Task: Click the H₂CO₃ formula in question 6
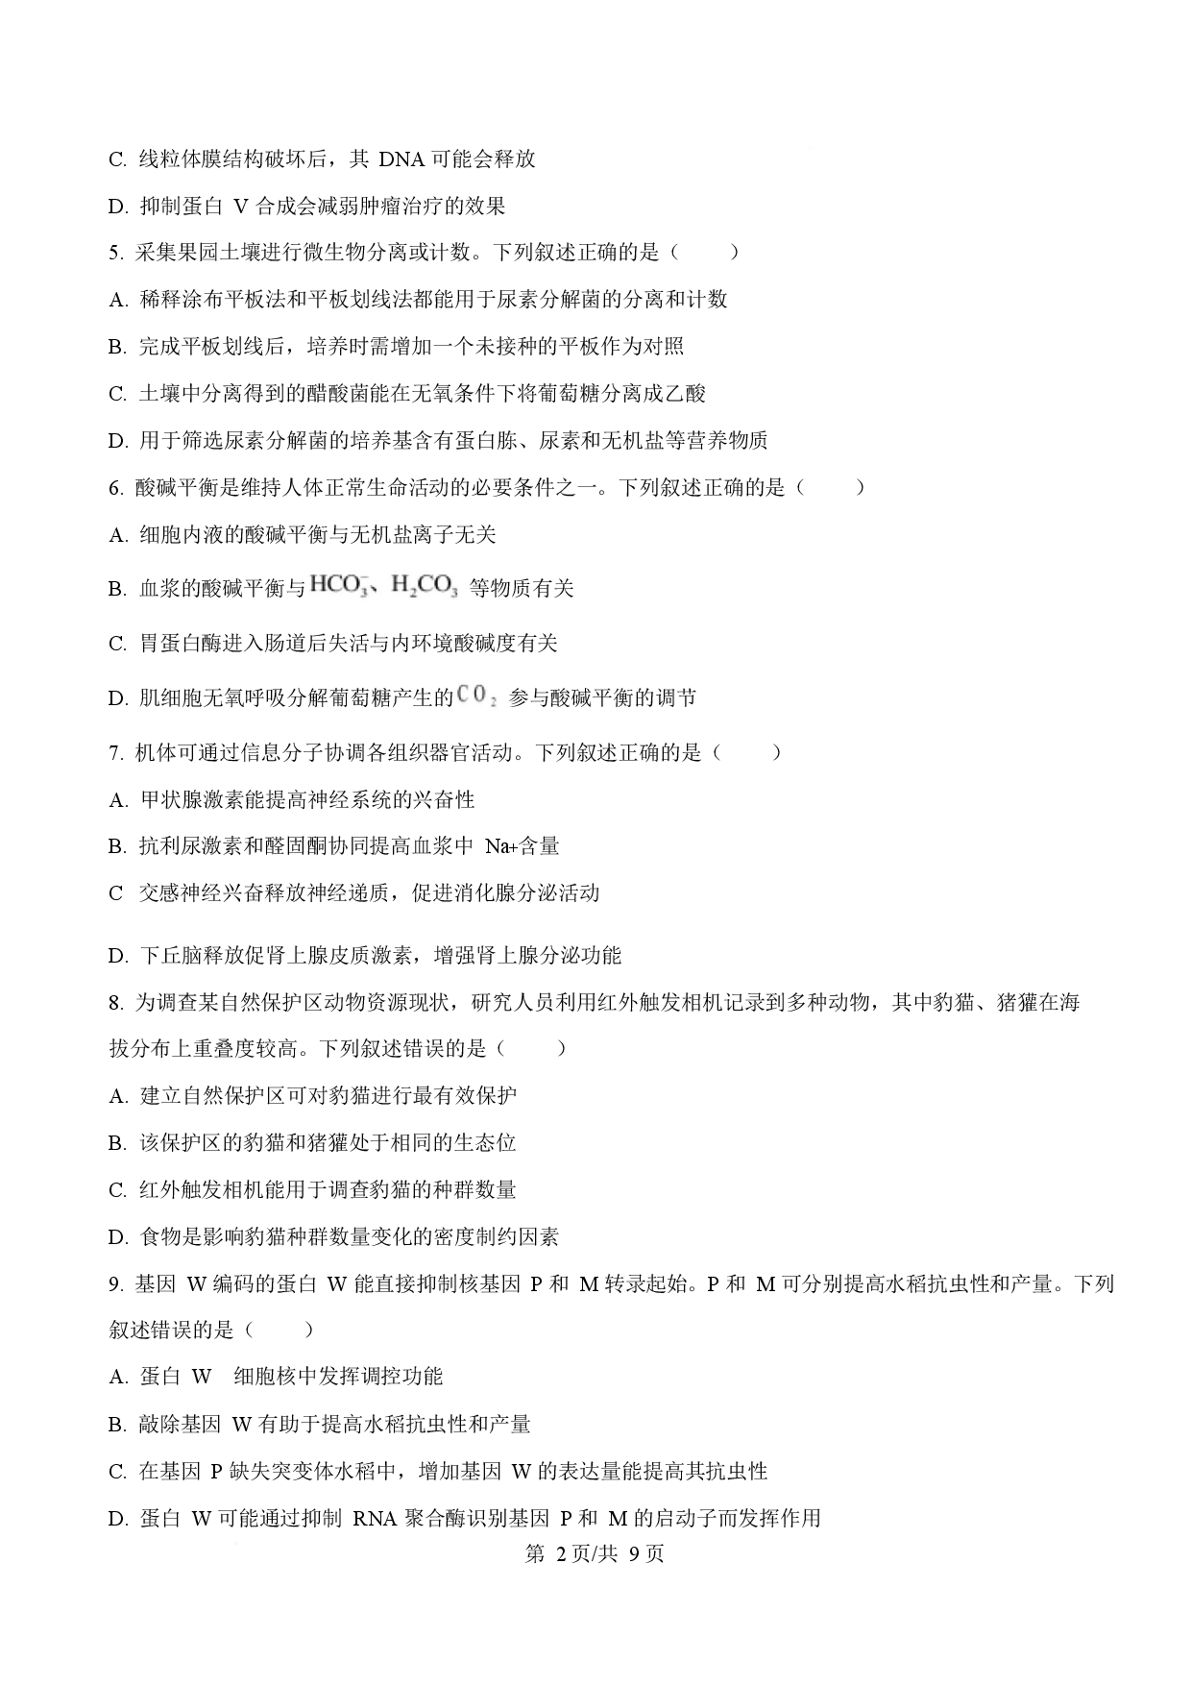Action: (x=425, y=587)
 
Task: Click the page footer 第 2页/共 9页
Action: (x=595, y=1553)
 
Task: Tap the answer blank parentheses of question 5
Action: (x=706, y=253)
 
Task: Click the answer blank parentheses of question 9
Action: (x=280, y=1331)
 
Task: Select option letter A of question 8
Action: (x=117, y=1096)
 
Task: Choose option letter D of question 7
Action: (x=117, y=956)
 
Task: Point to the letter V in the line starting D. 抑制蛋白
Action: (x=241, y=207)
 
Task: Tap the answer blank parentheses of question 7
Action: (x=747, y=753)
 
